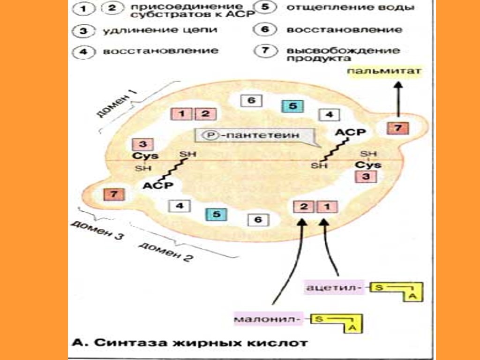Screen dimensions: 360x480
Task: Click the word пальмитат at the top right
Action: coord(384,71)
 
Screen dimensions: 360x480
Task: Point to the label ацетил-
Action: coord(333,287)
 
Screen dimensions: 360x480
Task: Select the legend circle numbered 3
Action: coord(82,31)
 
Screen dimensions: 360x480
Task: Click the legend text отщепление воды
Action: coord(350,8)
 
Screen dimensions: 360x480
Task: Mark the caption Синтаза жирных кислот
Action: coord(190,343)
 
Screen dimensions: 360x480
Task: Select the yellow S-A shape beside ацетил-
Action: coord(397,290)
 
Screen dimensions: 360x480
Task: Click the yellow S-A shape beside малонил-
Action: coord(337,322)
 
